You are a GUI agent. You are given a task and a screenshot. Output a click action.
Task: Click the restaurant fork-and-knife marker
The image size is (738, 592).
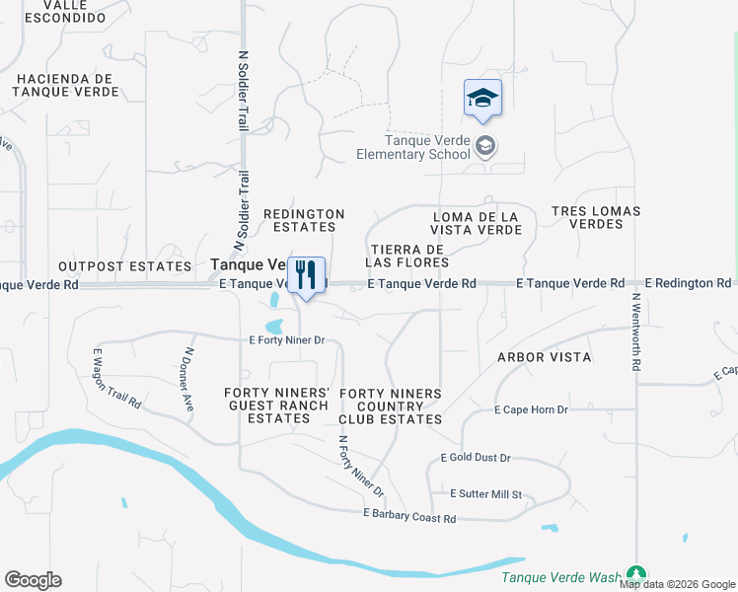click(x=306, y=274)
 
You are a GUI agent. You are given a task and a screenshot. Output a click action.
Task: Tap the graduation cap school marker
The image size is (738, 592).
click(x=482, y=99)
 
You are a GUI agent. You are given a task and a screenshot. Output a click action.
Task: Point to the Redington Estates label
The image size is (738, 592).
click(x=304, y=220)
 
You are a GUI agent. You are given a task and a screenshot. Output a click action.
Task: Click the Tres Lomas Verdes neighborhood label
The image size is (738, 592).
click(x=596, y=217)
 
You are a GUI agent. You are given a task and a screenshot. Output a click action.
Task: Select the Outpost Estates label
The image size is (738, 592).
click(x=124, y=266)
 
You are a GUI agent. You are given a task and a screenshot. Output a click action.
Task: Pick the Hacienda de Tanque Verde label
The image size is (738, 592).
click(x=67, y=85)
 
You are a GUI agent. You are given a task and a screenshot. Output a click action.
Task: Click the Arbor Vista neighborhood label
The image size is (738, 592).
click(x=544, y=356)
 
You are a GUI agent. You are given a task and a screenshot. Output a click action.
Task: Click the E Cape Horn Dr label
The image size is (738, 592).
click(x=532, y=409)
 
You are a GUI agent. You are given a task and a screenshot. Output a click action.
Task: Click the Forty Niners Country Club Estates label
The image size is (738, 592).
click(x=391, y=407)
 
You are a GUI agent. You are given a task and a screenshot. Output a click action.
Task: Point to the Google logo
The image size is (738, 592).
click(x=33, y=580)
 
